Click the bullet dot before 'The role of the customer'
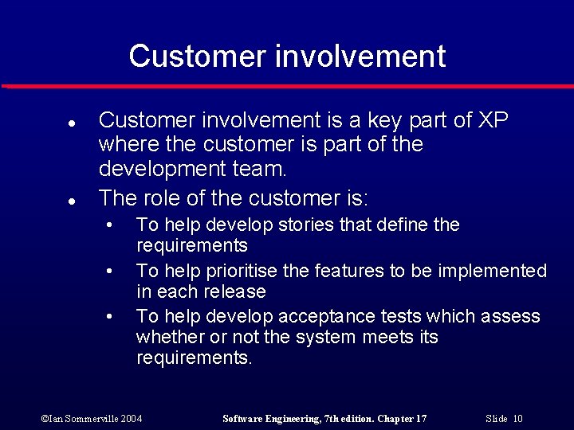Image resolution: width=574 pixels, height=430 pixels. [71, 199]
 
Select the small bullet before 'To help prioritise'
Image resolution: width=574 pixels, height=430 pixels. [111, 272]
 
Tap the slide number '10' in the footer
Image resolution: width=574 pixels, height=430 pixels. [517, 419]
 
